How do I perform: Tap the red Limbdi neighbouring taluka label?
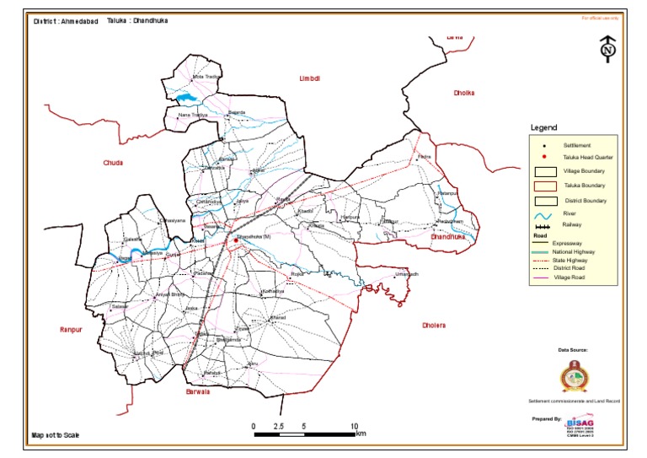310,78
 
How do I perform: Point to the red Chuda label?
113,163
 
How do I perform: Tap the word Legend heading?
543,128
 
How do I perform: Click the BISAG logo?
580,423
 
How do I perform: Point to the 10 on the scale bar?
355,427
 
